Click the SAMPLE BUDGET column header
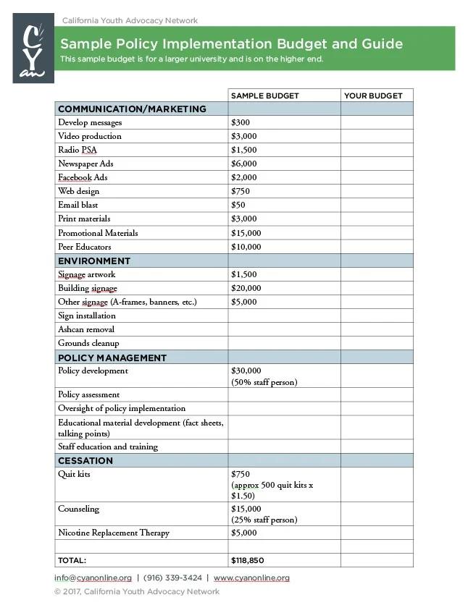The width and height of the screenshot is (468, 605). [x=264, y=96]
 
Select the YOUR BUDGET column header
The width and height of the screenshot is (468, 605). [x=373, y=96]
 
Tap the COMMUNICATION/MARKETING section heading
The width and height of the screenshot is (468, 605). [x=132, y=109]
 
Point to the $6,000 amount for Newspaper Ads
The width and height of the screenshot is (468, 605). [x=244, y=164]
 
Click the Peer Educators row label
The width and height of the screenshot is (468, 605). [x=85, y=247]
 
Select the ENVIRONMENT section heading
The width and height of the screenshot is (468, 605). [x=94, y=261]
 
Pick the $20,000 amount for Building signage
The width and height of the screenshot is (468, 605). [x=246, y=288]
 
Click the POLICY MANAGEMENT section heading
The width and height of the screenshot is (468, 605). [x=112, y=357]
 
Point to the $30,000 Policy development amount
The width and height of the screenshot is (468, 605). [x=246, y=371]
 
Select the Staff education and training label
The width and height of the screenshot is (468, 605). [x=108, y=447]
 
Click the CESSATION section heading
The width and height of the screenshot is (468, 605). [x=85, y=460]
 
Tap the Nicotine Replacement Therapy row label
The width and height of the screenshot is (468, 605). [x=114, y=533]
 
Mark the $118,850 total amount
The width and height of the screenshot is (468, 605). [x=247, y=560]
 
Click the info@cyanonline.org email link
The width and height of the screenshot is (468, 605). [x=93, y=577]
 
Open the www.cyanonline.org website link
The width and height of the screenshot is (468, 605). [x=251, y=577]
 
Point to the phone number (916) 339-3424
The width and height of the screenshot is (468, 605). [x=172, y=577]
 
